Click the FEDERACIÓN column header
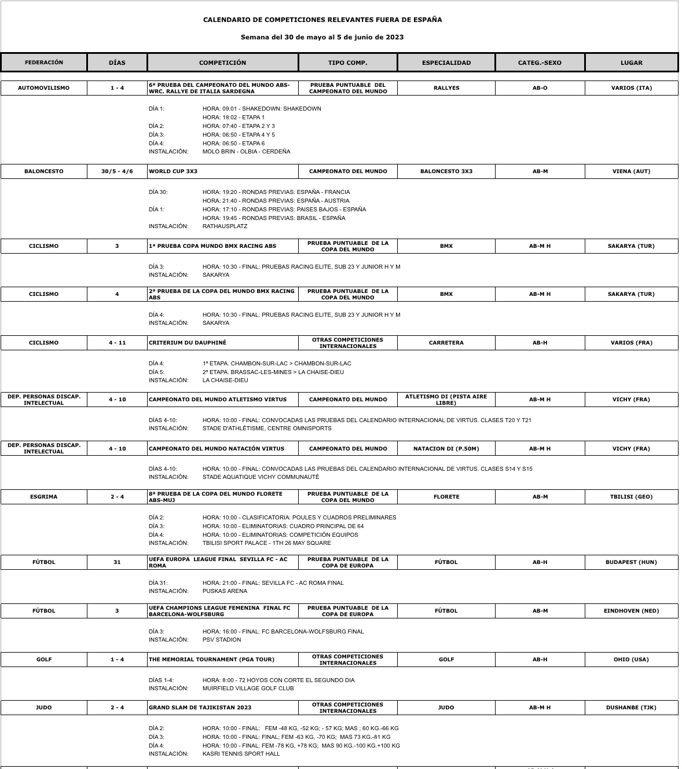click(x=44, y=63)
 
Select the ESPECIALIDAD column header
click(x=446, y=63)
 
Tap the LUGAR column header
click(x=631, y=63)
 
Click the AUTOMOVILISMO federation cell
click(x=44, y=88)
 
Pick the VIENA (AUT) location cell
click(x=631, y=171)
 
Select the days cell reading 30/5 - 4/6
click(x=117, y=171)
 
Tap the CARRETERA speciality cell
click(x=446, y=343)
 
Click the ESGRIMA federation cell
click(x=44, y=497)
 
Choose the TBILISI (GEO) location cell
click(x=631, y=497)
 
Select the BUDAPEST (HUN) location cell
click(x=631, y=562)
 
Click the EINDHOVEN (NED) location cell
click(x=631, y=611)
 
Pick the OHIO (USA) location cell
click(x=631, y=660)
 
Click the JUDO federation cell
click(x=44, y=708)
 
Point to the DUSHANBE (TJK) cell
click(x=631, y=708)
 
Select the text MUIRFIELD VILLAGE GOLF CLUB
click(x=248, y=689)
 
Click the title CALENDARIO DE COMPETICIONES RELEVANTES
click(x=322, y=20)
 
